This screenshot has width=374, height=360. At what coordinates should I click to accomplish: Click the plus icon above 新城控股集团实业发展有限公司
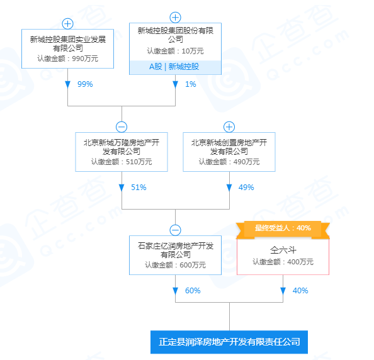[67, 24]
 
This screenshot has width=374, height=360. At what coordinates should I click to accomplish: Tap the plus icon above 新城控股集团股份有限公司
[175, 18]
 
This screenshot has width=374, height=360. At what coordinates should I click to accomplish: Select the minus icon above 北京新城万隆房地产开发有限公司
[122, 127]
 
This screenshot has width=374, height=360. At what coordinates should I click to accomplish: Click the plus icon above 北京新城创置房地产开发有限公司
[229, 127]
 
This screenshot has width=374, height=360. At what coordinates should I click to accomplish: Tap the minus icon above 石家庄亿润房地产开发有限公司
[175, 230]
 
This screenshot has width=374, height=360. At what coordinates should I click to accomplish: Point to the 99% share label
[85, 84]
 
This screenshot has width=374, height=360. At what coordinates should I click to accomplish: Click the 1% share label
[191, 84]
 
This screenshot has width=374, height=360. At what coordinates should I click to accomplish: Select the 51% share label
[139, 188]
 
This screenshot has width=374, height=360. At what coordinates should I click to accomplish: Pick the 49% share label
[246, 188]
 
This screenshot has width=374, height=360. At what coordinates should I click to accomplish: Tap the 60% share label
[193, 291]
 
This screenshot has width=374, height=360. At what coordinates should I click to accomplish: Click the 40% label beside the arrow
[300, 291]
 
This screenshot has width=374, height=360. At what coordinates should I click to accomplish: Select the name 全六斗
[283, 250]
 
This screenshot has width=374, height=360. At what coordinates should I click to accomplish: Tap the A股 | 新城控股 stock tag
[175, 67]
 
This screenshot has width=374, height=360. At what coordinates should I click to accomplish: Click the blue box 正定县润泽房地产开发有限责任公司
[229, 342]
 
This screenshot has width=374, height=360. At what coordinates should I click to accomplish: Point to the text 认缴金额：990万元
[68, 59]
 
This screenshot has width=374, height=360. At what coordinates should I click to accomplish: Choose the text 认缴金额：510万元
[122, 162]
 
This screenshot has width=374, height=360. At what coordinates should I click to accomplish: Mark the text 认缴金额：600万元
[175, 265]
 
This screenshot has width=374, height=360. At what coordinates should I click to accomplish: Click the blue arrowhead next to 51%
[122, 188]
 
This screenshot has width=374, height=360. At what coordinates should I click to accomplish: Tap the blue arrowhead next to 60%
[175, 291]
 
